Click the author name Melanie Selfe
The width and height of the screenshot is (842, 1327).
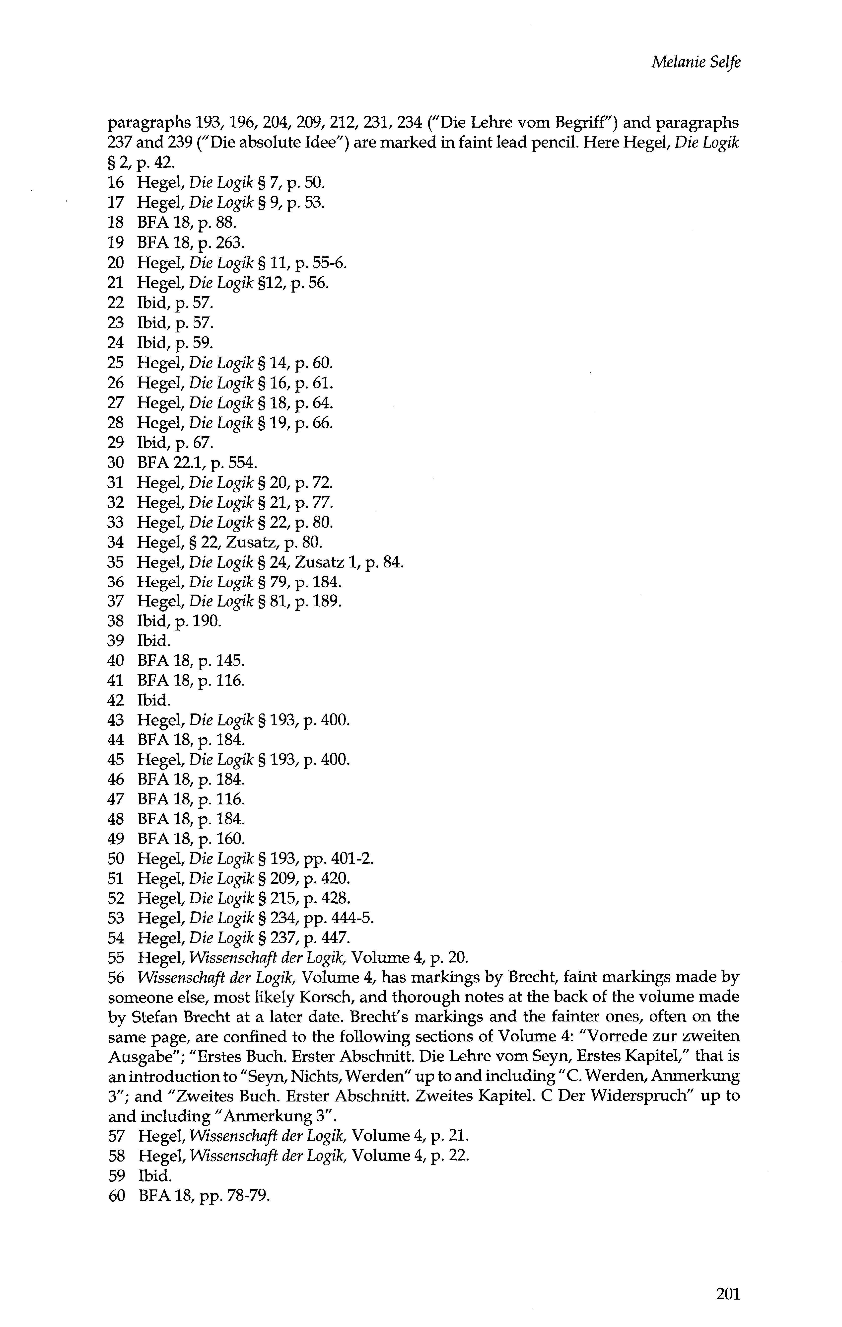[x=696, y=62]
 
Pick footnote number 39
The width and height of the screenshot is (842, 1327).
[x=116, y=641]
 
